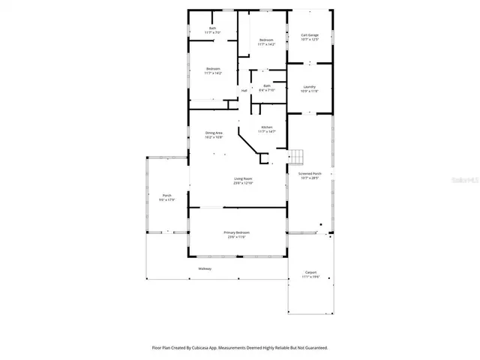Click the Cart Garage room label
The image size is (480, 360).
[310, 34]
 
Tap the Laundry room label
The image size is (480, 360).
[309, 87]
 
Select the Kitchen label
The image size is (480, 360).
[267, 127]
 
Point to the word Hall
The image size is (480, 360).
[244, 91]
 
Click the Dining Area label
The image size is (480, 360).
[214, 133]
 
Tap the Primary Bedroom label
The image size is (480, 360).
[237, 232]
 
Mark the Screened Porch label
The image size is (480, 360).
[310, 174]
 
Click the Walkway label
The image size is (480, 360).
[205, 268]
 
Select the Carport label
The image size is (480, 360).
[310, 272]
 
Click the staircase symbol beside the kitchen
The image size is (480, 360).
[298, 156]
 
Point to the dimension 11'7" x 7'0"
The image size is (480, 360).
[212, 32]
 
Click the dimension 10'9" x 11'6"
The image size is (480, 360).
[309, 91]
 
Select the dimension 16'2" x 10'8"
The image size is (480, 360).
[214, 138]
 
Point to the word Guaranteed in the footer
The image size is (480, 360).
[316, 348]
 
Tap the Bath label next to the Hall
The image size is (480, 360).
[267, 85]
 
